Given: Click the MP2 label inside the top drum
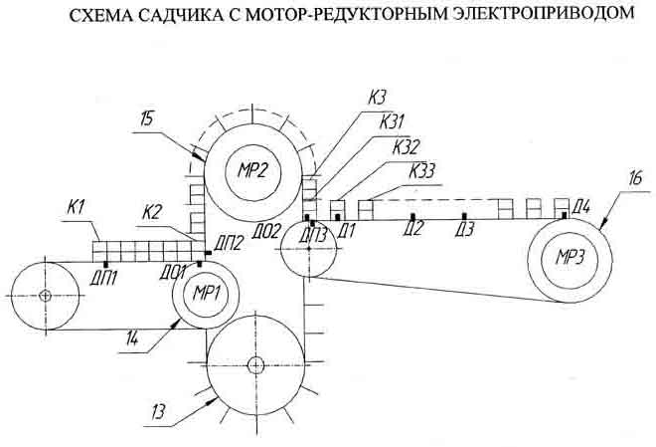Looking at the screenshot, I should click(253, 168).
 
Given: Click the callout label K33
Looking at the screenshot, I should click(423, 169).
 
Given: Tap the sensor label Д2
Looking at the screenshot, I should click(415, 229).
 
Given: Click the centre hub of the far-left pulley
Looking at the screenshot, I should click(46, 295).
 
